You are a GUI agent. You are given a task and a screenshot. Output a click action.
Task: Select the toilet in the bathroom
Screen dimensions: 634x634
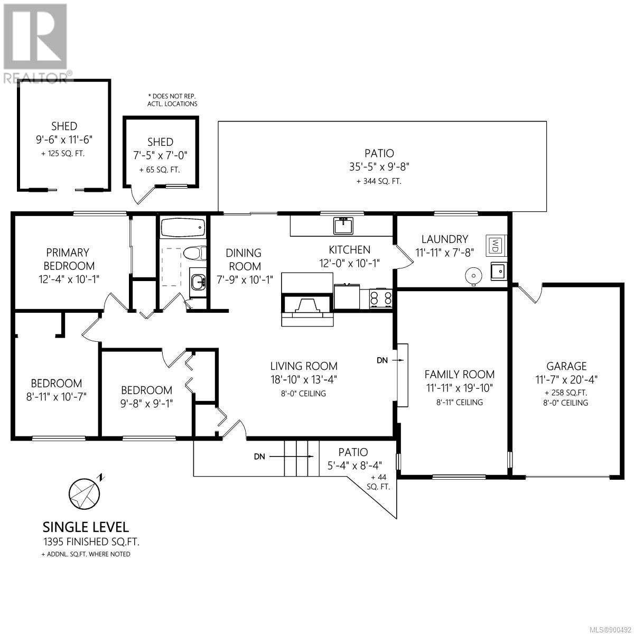[194, 254]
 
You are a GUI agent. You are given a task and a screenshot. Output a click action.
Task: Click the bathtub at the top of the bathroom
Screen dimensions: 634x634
[183, 227]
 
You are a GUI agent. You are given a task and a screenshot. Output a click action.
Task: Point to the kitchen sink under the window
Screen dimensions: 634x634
[343, 226]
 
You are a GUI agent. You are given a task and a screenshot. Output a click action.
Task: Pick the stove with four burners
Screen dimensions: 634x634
[381, 299]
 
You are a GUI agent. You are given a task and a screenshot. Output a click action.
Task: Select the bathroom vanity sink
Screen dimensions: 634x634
[198, 282]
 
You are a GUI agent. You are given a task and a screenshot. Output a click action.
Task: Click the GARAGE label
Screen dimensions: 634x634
[566, 366]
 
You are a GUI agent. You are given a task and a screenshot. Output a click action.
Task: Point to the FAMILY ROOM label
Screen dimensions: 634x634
[459, 375]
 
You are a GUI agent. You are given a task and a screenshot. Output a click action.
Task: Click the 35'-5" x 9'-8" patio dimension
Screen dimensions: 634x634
[379, 167]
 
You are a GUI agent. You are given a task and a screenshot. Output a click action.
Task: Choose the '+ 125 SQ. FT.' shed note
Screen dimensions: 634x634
[63, 154]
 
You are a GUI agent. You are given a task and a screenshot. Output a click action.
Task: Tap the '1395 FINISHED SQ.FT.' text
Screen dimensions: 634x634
[91, 542]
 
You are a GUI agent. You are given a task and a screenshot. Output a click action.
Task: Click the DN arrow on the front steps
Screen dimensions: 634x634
[291, 456]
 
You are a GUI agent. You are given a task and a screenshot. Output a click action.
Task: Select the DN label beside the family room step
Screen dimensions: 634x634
[382, 360]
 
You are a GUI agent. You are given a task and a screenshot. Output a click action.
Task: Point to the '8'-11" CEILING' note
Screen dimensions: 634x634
[460, 403]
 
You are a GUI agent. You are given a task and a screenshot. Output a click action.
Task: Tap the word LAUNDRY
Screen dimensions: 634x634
[445, 239]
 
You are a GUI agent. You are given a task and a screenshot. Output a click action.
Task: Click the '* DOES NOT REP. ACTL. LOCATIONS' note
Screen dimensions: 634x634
[172, 100]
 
